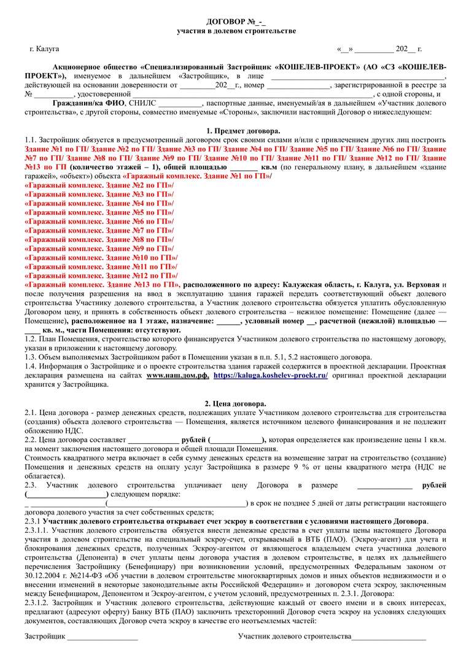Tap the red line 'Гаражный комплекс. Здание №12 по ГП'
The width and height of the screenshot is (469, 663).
coord(100,276)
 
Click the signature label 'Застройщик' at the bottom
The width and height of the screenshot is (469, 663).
coord(44,635)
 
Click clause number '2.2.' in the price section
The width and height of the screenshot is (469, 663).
coord(30,440)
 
